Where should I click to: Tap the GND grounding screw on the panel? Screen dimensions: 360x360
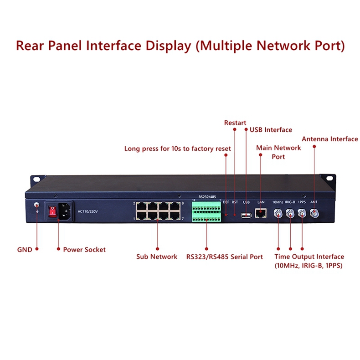(37, 209)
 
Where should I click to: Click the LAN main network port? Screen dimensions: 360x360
(262, 212)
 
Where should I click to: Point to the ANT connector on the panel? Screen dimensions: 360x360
(314, 213)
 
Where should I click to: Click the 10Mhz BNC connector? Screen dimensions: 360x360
(278, 213)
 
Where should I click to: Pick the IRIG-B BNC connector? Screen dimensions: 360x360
(290, 213)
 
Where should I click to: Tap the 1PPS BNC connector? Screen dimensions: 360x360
(302, 213)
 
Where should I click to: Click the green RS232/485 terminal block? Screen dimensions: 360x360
(207, 212)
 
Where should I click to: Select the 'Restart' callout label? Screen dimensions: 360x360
(235, 123)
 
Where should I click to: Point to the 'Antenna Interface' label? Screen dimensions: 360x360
(330, 139)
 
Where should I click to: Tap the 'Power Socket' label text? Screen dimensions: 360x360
(84, 250)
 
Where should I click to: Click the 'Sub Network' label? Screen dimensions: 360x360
(157, 257)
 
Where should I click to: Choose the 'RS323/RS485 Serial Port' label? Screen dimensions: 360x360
(224, 257)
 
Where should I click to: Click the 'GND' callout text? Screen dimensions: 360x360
(25, 250)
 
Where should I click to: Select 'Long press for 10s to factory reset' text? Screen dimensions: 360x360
(178, 149)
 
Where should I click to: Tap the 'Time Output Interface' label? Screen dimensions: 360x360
(309, 257)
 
